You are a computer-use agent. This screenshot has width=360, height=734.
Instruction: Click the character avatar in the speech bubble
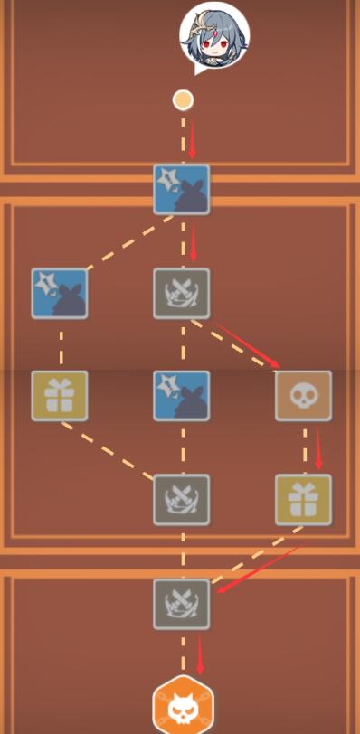coord(214,35)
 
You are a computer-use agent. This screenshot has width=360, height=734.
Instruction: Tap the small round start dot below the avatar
coord(183,99)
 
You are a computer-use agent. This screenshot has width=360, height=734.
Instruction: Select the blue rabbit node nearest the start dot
coord(182,189)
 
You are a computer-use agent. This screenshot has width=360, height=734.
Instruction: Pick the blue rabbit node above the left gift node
coord(60,293)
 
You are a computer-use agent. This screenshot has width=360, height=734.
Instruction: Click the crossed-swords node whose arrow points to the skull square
coord(182,293)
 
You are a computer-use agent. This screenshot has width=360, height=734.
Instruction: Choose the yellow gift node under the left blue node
coord(60,396)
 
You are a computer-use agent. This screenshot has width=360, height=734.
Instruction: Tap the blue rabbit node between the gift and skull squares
coord(182,396)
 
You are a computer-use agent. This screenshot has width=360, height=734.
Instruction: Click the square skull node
coord(303,396)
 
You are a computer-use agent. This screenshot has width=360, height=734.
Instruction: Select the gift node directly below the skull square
coord(303,500)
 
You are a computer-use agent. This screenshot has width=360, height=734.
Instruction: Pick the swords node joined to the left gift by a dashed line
coord(182,500)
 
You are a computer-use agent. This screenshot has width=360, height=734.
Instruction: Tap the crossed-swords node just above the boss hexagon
coord(182,603)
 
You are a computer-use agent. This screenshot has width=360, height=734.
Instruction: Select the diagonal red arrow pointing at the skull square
coord(246,344)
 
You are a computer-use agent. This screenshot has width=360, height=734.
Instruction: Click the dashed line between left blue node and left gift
coord(61,344)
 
